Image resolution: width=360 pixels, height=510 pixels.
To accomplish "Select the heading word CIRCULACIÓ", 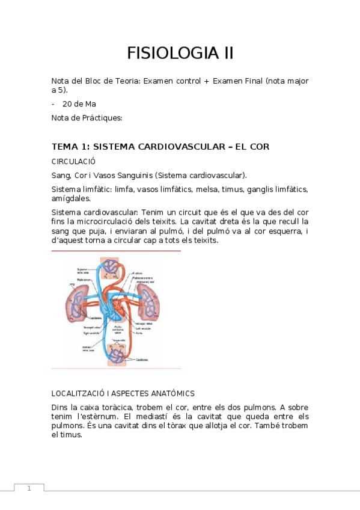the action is point(74,161).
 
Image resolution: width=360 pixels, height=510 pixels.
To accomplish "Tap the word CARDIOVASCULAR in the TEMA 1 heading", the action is point(171,146).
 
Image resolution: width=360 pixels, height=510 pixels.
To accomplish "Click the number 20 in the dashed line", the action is point(68,103).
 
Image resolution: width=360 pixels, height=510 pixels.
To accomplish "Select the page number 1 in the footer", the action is point(28,488).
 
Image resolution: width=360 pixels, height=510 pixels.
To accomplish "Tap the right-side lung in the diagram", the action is point(147,299).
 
